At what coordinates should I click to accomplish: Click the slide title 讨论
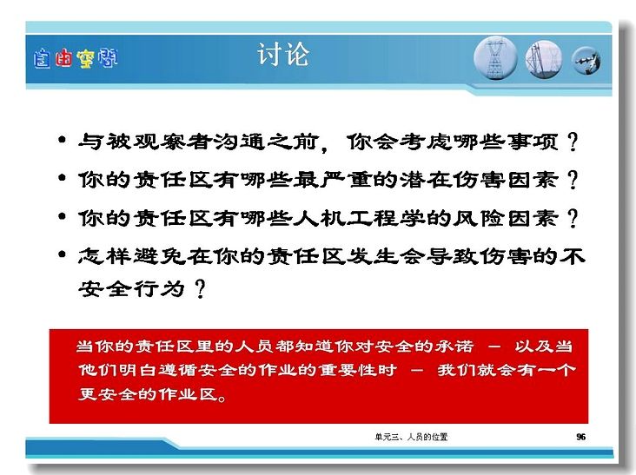(283, 55)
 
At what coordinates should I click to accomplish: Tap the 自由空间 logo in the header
(76, 58)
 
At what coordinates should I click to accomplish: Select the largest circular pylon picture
(495, 58)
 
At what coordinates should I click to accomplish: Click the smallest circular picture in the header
(586, 61)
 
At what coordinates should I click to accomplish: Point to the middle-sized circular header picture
(544, 59)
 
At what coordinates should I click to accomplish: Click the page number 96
(581, 437)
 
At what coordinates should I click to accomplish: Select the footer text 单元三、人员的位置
(411, 437)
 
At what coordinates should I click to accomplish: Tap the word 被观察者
(158, 142)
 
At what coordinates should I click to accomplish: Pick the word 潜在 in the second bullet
(426, 180)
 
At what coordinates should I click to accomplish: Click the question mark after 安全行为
(200, 289)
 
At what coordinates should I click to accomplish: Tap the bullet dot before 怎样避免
(62, 254)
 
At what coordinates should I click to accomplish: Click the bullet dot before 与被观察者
(62, 140)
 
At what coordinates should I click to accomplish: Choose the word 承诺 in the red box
(454, 346)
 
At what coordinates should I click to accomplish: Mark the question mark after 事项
(573, 142)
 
